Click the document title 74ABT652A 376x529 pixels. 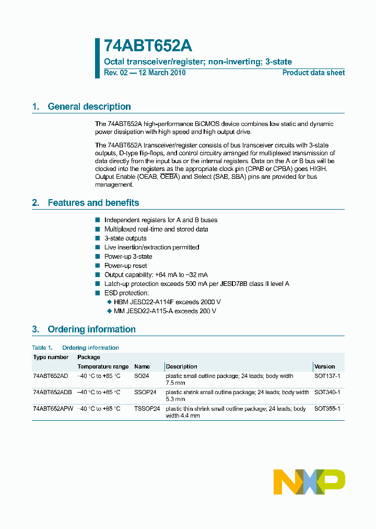tap(148, 46)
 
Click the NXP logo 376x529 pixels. tap(309, 481)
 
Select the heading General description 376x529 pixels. tap(89, 107)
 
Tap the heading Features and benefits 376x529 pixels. tap(93, 203)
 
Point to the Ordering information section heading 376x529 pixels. tap(91, 329)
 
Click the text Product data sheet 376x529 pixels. tap(313, 73)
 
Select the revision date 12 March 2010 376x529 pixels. tap(161, 73)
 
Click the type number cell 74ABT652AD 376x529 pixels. tap(51, 376)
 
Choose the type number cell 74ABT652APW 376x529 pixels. tap(53, 408)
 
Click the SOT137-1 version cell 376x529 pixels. tap(327, 376)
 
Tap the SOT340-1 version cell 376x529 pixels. tap(327, 392)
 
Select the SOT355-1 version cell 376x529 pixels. tap(327, 408)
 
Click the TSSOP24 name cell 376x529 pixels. tap(147, 408)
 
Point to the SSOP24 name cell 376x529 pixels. tap(145, 392)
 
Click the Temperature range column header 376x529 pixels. tap(103, 366)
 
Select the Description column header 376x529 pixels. tap(181, 366)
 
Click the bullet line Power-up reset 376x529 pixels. tap(125, 266)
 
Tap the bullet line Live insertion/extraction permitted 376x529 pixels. tap(151, 247)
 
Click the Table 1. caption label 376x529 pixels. tap(42, 348)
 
